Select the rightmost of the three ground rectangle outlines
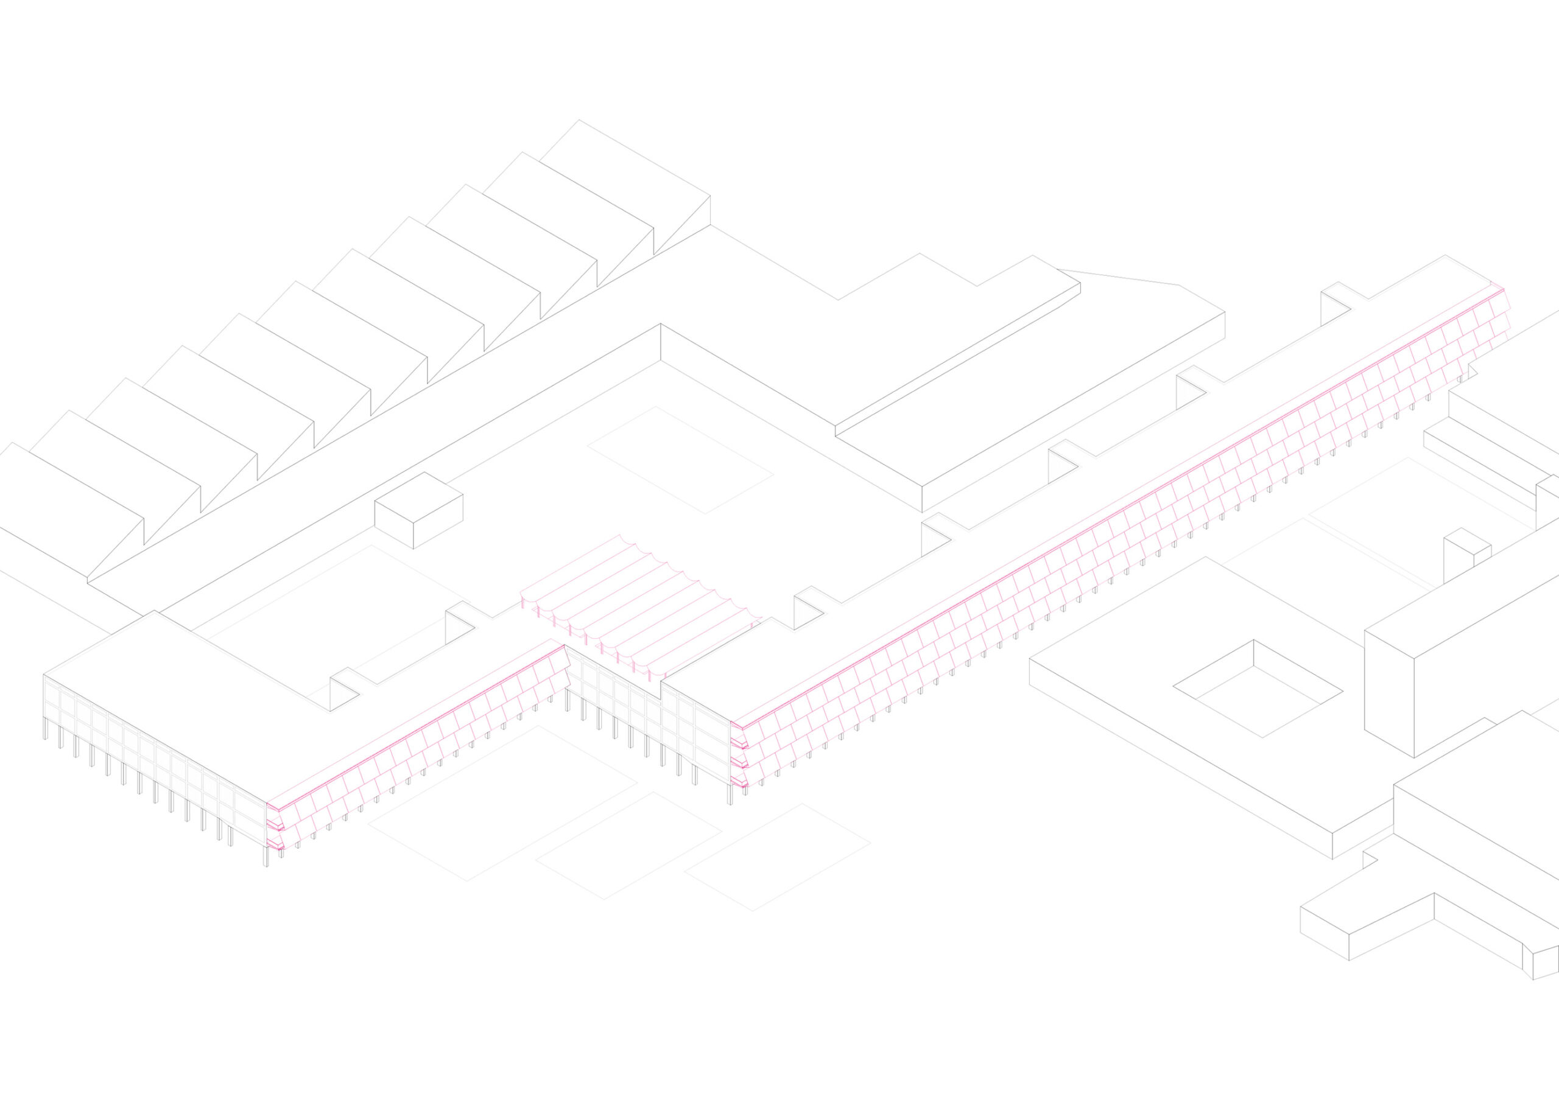(777, 856)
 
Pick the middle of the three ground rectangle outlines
(628, 845)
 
